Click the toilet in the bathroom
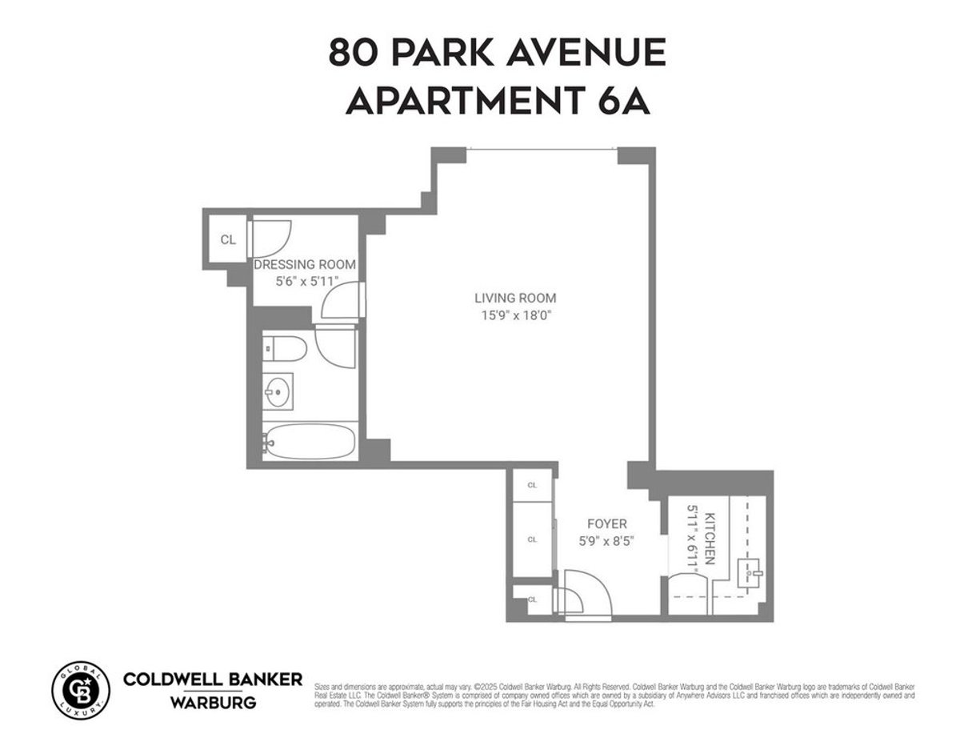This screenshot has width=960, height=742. coord(285,350)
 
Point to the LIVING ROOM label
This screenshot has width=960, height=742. coord(515,299)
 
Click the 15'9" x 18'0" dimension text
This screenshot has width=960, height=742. coord(515,315)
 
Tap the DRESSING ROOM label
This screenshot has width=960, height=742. coord(305,264)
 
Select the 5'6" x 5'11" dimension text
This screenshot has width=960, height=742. coord(305,280)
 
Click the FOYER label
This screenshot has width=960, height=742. coord(607,523)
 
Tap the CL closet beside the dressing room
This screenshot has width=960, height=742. coord(228,239)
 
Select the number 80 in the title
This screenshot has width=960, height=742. coord(350,53)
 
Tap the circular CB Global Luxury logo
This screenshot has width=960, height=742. coord(81,691)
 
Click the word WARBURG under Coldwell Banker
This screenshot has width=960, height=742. coord(213,703)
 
